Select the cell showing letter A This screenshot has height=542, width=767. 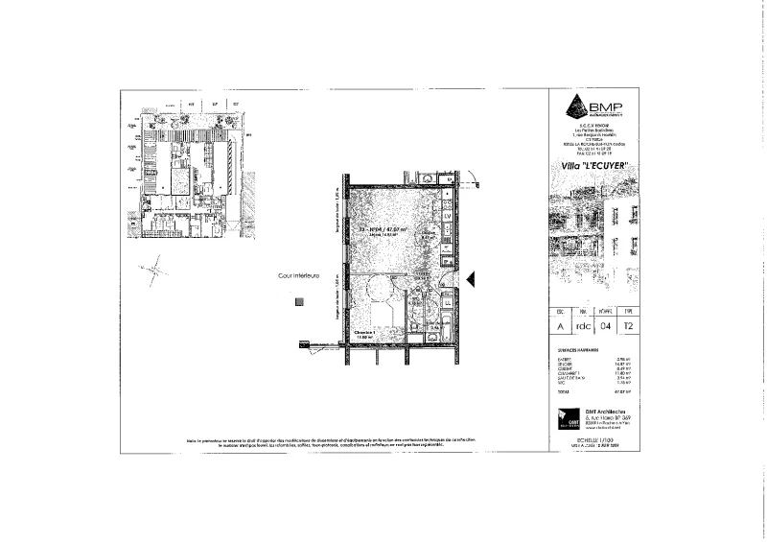(x=559, y=326)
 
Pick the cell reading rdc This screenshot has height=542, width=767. (x=581, y=326)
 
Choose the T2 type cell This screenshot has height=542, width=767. (x=628, y=326)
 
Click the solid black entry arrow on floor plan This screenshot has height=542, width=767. (x=470, y=278)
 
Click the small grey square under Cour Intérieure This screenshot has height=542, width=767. (x=299, y=301)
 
